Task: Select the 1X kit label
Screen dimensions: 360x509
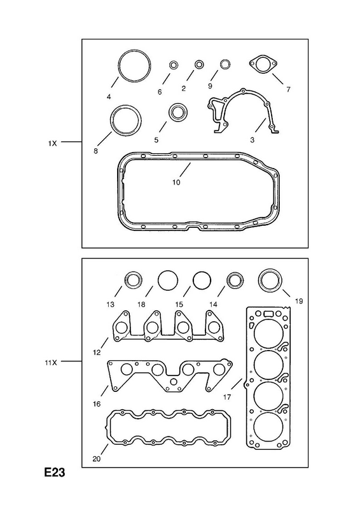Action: (x=52, y=143)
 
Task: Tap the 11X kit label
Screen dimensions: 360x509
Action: (x=51, y=363)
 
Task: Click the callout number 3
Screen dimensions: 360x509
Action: (x=253, y=140)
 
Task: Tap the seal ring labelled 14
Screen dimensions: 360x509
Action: (x=235, y=281)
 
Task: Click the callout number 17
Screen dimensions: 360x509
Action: (x=227, y=396)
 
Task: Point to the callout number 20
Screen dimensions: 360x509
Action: (x=97, y=459)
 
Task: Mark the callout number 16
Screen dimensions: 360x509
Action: (x=97, y=404)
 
